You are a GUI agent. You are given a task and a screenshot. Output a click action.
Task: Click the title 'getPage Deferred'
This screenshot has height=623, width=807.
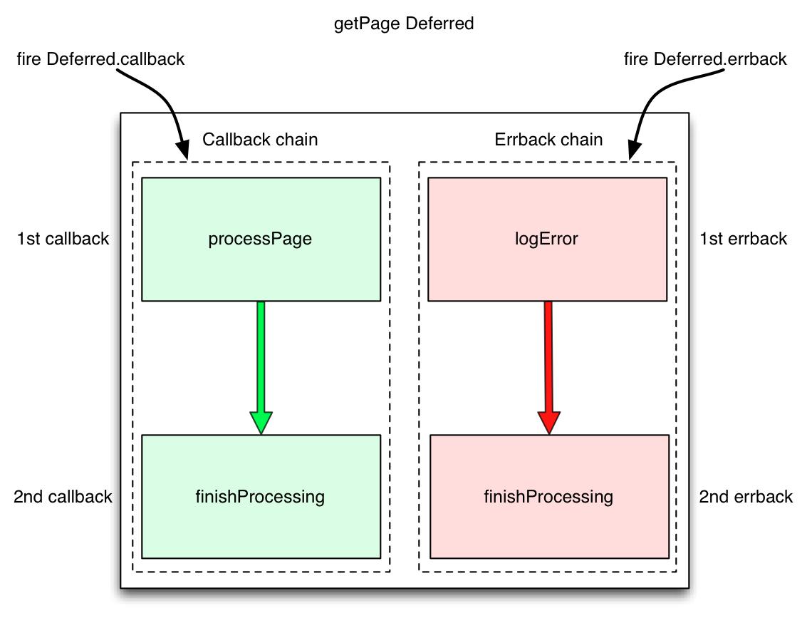403,24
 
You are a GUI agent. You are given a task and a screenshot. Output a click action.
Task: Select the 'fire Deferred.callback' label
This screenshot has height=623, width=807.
100,59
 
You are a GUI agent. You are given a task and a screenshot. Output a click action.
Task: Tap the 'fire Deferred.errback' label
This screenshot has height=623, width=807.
705,59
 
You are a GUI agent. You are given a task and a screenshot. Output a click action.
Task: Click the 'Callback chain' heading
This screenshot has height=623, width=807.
260,140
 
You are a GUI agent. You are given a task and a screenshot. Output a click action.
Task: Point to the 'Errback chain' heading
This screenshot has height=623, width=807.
548,140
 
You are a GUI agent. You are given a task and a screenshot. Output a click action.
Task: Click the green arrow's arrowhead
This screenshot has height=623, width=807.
261,422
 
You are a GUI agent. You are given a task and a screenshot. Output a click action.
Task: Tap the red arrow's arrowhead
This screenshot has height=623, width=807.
548,422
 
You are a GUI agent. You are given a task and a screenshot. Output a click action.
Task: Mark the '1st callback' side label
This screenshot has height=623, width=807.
63,239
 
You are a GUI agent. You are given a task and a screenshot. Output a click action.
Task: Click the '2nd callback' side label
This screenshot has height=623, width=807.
63,497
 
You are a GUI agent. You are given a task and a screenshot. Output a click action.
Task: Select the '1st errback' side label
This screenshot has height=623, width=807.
744,239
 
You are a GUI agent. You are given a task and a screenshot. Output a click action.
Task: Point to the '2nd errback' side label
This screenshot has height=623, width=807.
746,497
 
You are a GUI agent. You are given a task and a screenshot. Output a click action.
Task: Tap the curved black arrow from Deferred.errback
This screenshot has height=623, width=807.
645,100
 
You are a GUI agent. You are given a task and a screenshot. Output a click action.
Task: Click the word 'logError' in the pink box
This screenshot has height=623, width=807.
547,240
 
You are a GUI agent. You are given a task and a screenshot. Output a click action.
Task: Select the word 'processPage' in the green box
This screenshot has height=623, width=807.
260,240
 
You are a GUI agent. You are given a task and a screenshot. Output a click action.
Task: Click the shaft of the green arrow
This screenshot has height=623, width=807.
261,356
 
